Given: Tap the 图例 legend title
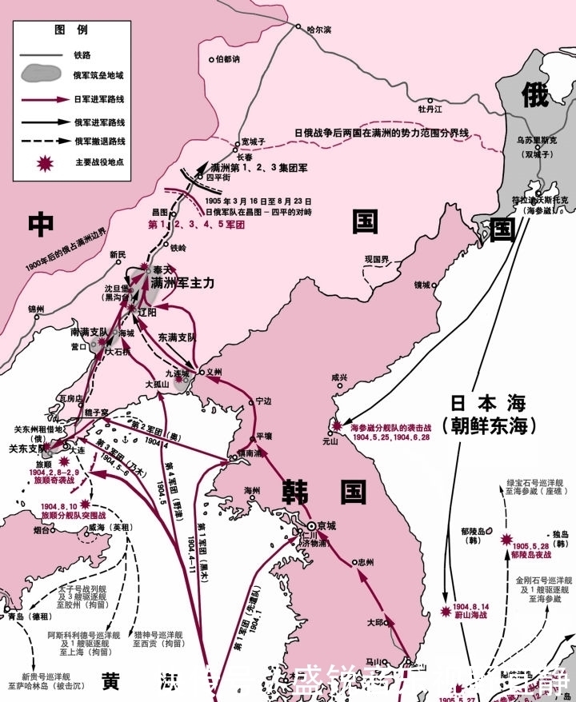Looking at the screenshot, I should pos(66,29).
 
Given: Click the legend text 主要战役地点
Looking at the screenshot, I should pos(100,162).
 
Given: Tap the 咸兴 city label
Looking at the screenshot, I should pos(339,377).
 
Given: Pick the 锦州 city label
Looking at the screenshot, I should pos(36,309).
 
